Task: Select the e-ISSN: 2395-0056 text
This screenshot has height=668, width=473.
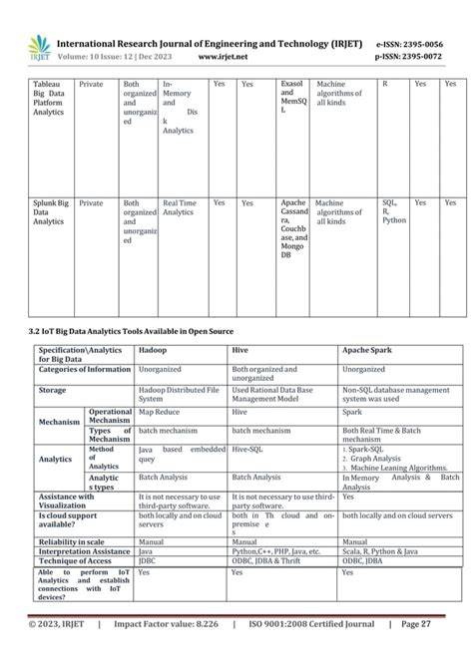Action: [416, 43]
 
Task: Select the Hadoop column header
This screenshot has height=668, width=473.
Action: [153, 352]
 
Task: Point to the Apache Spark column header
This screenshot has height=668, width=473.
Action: [371, 352]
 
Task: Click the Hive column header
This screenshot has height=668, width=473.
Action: [240, 352]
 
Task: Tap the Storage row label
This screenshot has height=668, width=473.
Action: [53, 390]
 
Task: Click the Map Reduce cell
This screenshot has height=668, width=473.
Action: [159, 411]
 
